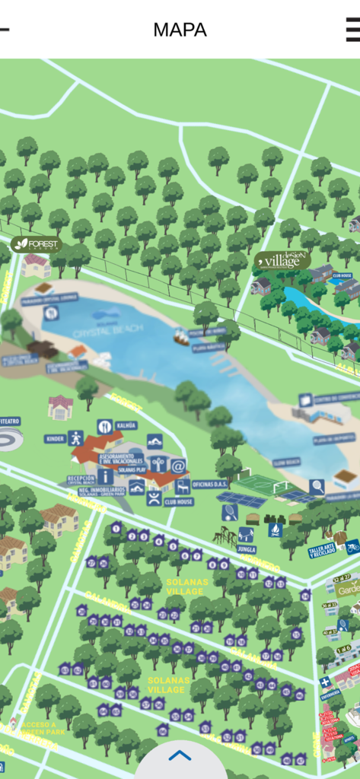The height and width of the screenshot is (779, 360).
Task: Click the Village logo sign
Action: point(283,261)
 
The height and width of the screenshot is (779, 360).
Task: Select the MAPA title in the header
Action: point(180,30)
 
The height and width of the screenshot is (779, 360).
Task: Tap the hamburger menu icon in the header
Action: point(352,30)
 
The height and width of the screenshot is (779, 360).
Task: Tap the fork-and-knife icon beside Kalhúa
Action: point(104,427)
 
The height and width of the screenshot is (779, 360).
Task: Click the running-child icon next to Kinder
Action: point(75,438)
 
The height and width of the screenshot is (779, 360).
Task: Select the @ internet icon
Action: point(178,466)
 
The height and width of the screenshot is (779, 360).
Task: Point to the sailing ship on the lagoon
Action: point(180,336)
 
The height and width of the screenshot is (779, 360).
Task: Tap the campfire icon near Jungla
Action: point(276,529)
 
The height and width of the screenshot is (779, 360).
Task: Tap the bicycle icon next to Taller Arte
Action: point(352,546)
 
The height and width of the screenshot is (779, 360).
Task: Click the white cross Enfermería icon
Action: point(325,682)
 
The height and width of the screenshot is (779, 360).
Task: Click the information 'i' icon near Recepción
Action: point(105,476)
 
